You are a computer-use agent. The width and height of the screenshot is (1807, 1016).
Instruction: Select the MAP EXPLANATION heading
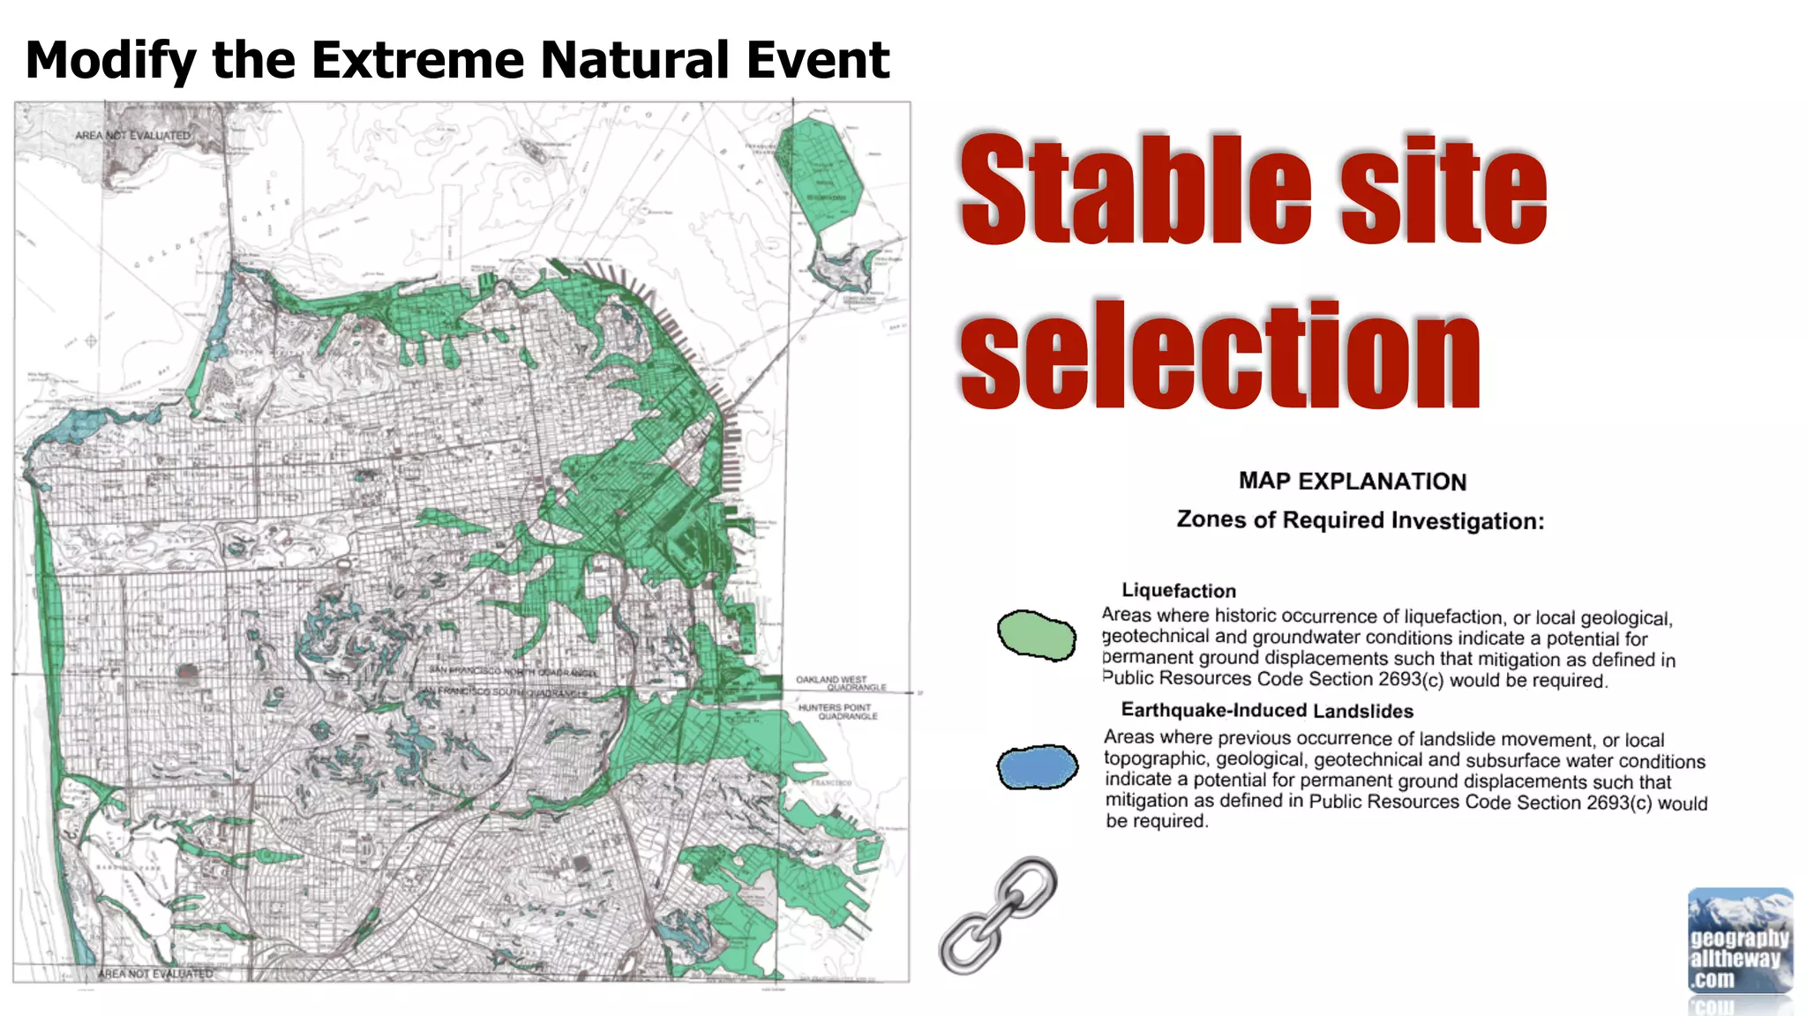[1352, 482]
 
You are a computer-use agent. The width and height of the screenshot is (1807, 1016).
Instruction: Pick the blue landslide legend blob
[1038, 766]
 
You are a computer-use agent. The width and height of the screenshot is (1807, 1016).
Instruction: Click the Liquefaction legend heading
[1178, 591]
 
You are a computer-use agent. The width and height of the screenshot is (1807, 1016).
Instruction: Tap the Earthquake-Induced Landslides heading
[1266, 711]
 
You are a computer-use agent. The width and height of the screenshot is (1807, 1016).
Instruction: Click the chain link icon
[998, 915]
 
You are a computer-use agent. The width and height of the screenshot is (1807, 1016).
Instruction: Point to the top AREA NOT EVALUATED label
[132, 136]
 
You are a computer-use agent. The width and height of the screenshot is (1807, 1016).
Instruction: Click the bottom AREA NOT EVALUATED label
[155, 974]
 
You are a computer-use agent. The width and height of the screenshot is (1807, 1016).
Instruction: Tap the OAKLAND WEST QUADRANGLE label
[839, 684]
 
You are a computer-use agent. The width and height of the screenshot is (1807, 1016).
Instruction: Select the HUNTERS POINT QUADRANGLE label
[837, 712]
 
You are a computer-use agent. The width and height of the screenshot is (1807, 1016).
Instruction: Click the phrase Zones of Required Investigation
[1360, 520]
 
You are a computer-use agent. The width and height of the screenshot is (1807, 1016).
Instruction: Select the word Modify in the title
[111, 60]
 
